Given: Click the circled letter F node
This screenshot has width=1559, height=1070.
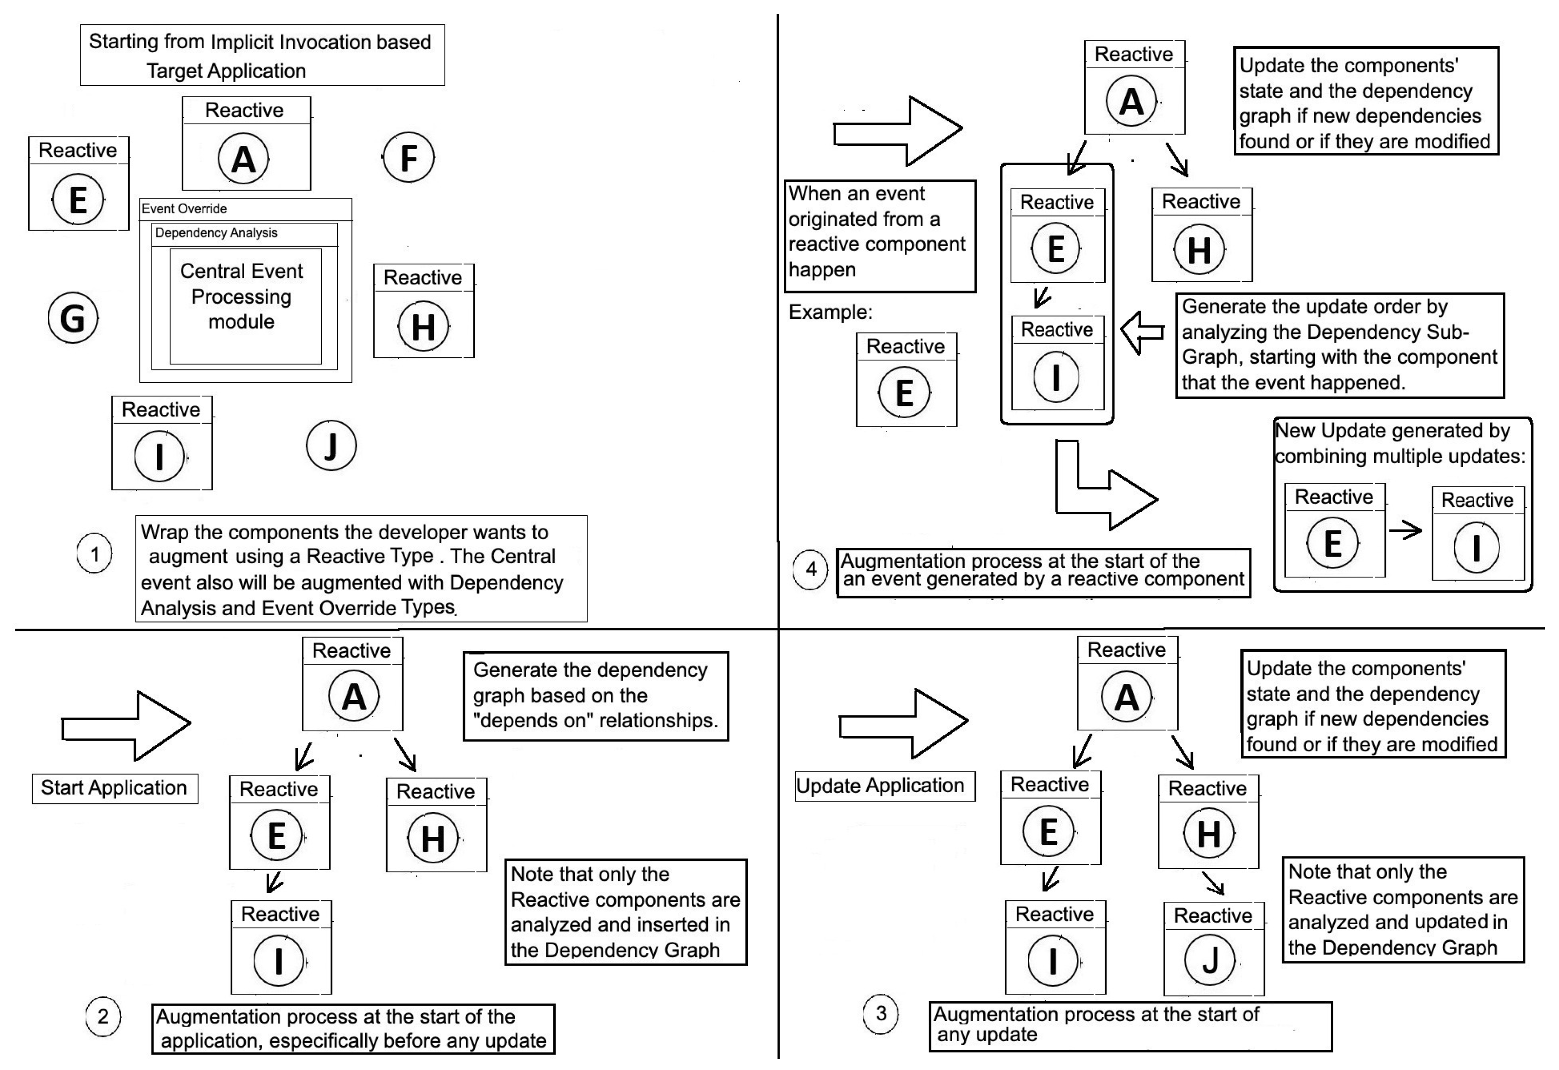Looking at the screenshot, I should [409, 157].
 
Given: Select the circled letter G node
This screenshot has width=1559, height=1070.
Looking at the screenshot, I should [73, 318].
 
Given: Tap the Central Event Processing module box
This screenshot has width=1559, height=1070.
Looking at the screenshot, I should [244, 306].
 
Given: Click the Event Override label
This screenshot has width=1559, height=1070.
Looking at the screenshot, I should [184, 209].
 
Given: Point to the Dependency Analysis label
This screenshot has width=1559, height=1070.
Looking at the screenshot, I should [215, 233].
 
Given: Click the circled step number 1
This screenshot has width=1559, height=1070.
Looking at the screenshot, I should [95, 554].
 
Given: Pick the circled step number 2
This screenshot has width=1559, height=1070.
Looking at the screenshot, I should [103, 1016].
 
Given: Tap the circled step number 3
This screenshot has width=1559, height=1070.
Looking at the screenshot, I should [880, 1013].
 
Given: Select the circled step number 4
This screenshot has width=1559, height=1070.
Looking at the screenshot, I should [810, 569].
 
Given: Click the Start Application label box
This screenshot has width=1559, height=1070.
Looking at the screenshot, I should [115, 788].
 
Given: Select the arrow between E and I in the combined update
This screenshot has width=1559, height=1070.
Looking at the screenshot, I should [1405, 531].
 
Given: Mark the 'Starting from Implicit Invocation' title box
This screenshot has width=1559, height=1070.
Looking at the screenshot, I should [262, 55].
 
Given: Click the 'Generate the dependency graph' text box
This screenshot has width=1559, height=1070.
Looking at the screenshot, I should [595, 696].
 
